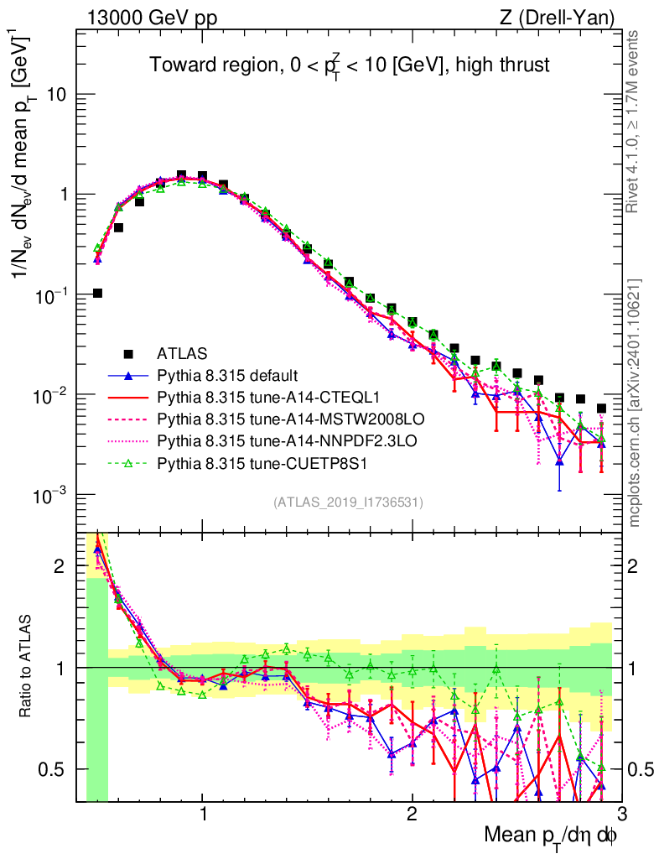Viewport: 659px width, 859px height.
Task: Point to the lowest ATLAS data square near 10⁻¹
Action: tap(97, 293)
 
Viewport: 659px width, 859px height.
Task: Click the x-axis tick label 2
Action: tap(412, 813)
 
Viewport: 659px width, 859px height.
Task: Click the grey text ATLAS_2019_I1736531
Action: tap(348, 502)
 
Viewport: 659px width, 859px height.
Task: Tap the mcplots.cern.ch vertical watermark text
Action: tap(635, 403)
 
